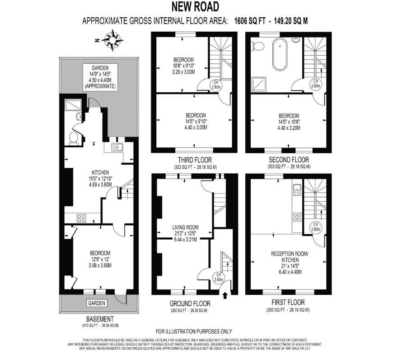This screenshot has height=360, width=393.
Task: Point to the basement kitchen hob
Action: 81,218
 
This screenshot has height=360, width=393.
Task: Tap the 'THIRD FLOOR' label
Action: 195,160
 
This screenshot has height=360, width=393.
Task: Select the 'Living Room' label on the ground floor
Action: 186,227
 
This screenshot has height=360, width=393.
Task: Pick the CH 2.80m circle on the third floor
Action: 216,84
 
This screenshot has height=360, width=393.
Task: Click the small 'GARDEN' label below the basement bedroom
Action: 96,303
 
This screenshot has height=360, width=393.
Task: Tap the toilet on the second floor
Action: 259,46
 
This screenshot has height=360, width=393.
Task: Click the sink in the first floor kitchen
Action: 297,190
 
